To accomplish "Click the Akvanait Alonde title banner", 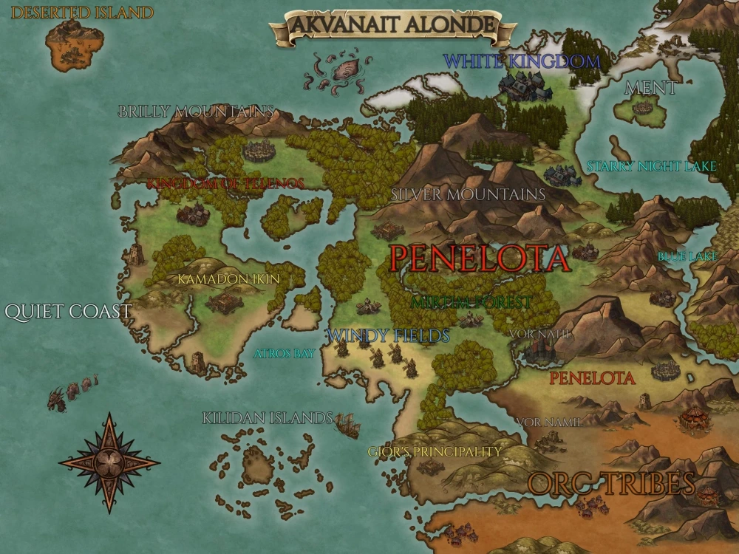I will pos(392,24).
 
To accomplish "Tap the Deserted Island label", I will pos(82,13).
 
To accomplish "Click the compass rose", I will pos(109,462).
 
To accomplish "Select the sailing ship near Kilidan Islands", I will pos(347,425).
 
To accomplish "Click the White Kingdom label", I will pos(521,61).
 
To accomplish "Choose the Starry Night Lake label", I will pos(651,167).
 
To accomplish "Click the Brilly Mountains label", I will pos(196,112).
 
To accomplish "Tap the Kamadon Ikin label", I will pos(228,279).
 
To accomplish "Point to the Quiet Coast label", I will pos(68,312).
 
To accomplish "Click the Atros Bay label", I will pos(284,354).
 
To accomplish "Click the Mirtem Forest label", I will pos(471,302).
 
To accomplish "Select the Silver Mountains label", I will pos(468,194).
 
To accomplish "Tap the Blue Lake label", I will pos(687,257).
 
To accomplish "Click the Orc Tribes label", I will pos(611,484).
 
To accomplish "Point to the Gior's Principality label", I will pos(435,451).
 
